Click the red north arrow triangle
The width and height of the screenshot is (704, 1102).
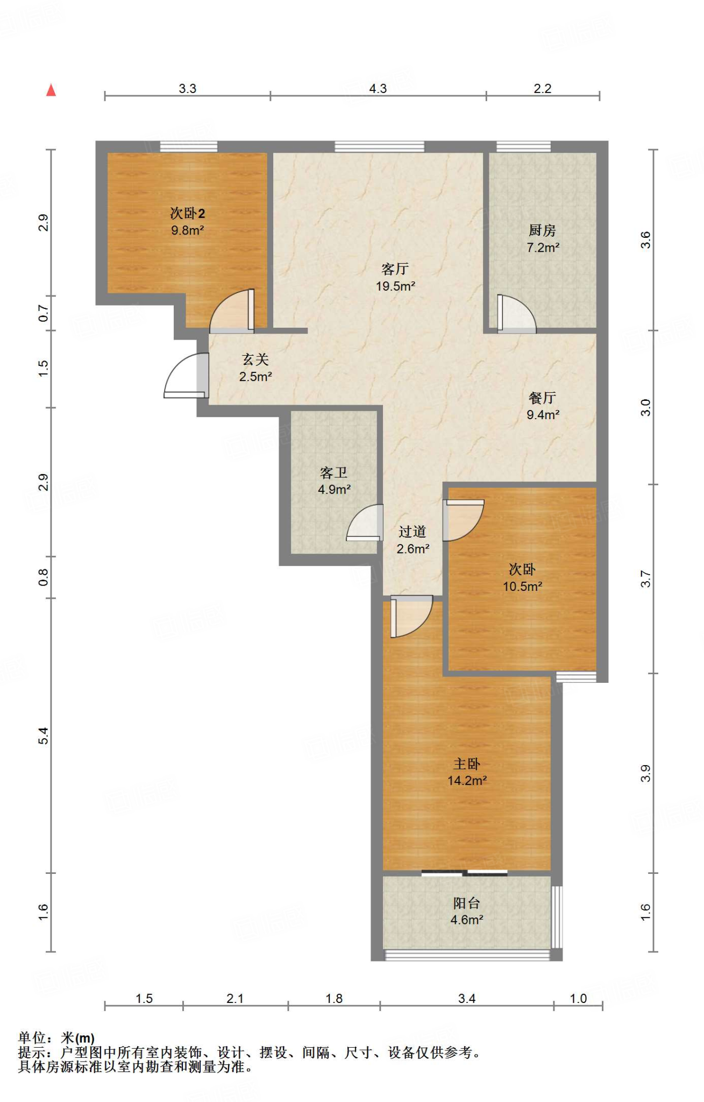[51, 90]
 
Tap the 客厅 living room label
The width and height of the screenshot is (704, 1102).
[395, 269]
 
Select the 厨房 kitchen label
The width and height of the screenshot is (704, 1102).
[542, 230]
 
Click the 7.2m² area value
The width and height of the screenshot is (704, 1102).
[543, 248]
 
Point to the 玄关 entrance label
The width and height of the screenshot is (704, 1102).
[255, 359]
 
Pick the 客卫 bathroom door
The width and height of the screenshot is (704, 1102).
[365, 522]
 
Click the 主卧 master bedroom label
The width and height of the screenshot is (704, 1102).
[467, 764]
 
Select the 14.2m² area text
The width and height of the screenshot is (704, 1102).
[467, 780]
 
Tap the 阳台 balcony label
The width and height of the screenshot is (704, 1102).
[467, 903]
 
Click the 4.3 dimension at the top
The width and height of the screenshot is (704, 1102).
[378, 88]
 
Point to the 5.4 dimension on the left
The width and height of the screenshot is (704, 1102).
[44, 736]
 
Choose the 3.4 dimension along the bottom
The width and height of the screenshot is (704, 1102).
[467, 999]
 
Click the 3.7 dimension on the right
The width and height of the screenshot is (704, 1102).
[645, 579]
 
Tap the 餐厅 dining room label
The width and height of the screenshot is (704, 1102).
[542, 398]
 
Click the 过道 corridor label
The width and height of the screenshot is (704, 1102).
[413, 532]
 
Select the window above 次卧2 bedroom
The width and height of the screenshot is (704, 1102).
[189, 146]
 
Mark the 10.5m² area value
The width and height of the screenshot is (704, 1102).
[522, 587]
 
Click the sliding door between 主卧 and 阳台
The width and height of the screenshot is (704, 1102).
[465, 873]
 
